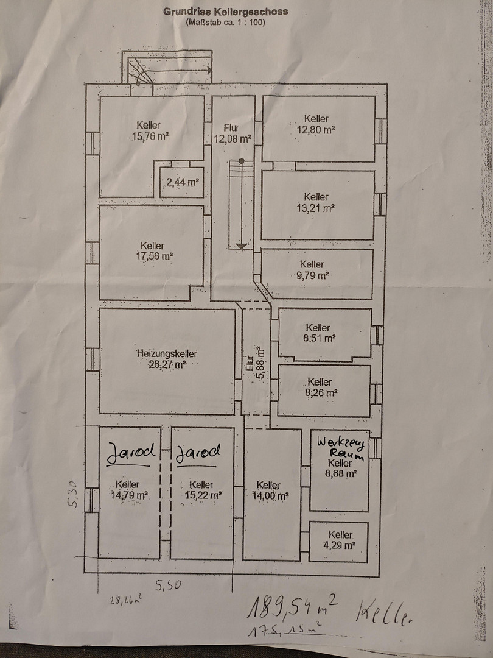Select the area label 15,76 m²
[149, 136]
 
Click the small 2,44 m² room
[181, 182]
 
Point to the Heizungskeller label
[167, 353]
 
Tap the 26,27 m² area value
[167, 364]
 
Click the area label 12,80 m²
[316, 130]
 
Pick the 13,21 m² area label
[316, 208]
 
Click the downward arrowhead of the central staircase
[242, 246]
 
